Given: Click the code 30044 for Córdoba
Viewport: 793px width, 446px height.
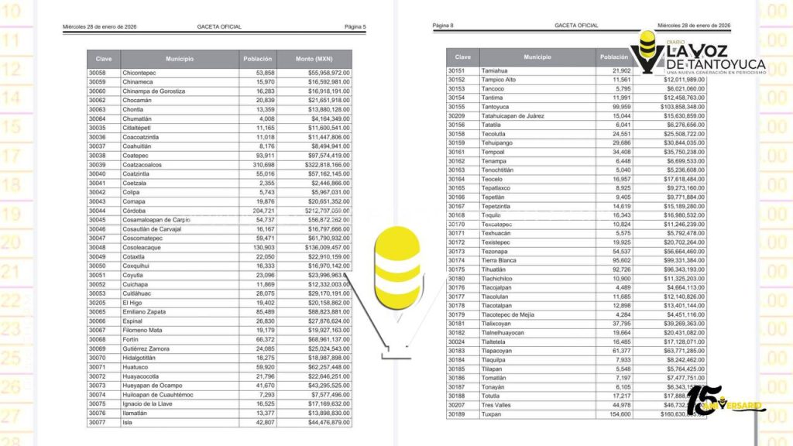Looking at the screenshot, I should (x=98, y=211).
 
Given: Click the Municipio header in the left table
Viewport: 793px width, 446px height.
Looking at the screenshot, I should (x=179, y=59).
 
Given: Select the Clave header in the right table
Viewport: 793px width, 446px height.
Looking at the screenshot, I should (x=462, y=57).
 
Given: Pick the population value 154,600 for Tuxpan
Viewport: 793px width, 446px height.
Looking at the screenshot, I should (x=616, y=414).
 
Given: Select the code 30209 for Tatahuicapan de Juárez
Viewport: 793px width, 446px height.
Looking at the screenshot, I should (x=457, y=115).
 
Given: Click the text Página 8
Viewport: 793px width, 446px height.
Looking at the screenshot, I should (x=443, y=26).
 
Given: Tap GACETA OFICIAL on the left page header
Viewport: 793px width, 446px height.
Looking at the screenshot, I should (x=219, y=27).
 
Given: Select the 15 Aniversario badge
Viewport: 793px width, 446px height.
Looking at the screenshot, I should (x=724, y=402).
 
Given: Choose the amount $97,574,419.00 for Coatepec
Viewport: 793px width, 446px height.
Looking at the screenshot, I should (x=320, y=156).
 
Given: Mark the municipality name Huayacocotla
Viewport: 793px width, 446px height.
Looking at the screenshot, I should (x=143, y=376).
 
